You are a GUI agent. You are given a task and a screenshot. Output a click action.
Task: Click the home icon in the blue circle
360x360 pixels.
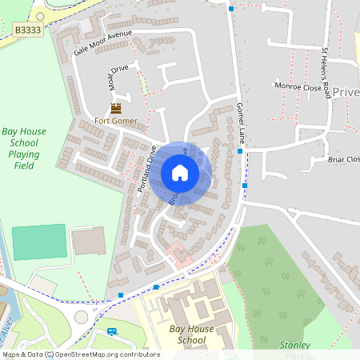(x=180, y=173)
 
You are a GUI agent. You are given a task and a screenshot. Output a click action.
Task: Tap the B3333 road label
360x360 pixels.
(x=28, y=29)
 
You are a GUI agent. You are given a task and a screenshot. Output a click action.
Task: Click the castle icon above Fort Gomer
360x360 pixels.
(x=116, y=108)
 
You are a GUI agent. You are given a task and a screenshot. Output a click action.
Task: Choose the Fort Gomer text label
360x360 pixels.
(x=116, y=122)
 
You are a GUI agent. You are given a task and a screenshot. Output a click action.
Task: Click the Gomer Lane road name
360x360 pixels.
(x=240, y=123)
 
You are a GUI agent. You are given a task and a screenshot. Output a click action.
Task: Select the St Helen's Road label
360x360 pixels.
(x=326, y=73)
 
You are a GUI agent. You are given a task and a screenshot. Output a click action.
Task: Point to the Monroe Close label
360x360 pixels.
(x=297, y=85)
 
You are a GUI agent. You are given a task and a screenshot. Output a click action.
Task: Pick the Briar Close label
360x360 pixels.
(x=344, y=159)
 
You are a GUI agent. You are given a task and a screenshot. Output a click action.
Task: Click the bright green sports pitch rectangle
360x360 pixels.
(x=39, y=242)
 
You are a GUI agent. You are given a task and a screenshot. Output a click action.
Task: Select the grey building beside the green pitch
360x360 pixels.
(x=88, y=243)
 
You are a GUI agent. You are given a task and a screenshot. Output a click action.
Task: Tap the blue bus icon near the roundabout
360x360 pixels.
(x=112, y=330)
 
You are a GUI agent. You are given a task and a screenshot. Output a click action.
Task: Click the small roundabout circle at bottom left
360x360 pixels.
(x=81, y=318)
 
